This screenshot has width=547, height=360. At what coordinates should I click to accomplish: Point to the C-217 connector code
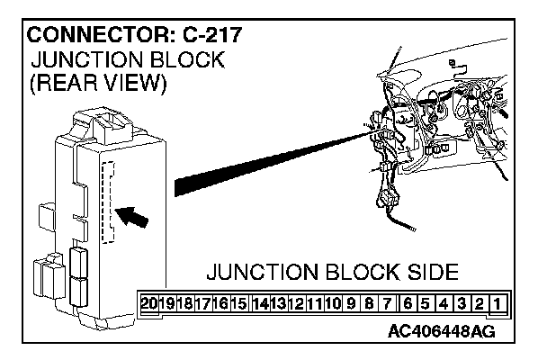(x=209, y=38)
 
